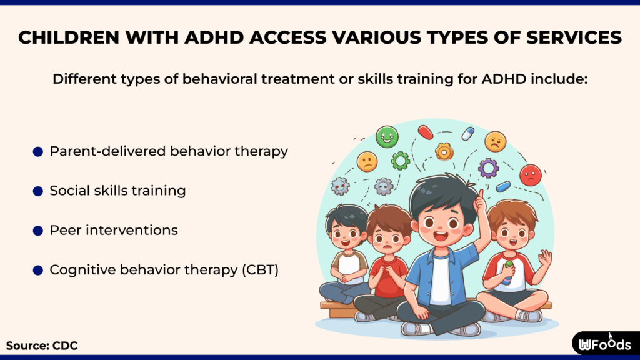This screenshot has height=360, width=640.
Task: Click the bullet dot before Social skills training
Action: pos(38,191)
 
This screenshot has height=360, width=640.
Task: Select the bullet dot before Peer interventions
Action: pos(38,231)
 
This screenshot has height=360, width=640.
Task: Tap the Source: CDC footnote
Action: pos(42,345)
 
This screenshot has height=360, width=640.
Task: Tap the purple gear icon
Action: pos(488,167)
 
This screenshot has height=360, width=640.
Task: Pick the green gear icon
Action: pos(401,161)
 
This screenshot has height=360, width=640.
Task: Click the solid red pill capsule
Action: pos(425,132)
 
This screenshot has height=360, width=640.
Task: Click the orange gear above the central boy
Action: pos(444,151)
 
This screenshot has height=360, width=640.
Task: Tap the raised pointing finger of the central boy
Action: pos(480,200)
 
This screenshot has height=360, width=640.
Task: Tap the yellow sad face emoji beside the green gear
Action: pos(367,162)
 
